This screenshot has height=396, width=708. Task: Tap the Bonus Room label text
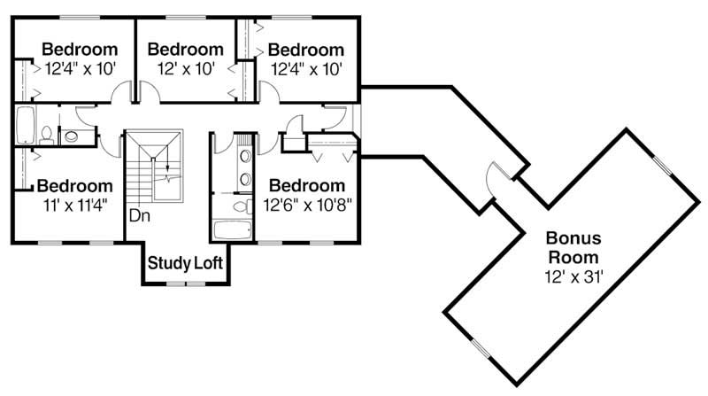[573, 246]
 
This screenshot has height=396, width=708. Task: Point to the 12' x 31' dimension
[573, 277]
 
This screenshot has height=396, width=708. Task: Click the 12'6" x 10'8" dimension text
[306, 206]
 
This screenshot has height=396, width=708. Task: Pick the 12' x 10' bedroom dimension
[185, 68]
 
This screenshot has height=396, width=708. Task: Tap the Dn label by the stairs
[138, 215]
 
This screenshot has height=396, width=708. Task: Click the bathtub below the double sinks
[233, 229]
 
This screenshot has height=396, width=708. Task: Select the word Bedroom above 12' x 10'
[185, 49]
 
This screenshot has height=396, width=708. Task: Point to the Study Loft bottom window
[188, 283]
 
